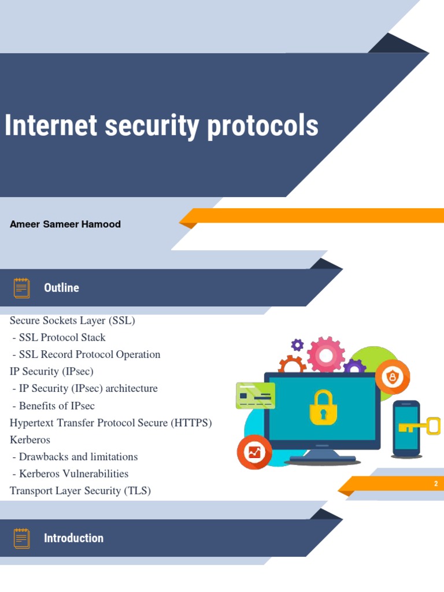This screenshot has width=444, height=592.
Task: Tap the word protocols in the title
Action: pos(262,126)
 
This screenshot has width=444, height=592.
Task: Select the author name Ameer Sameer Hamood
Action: pos(65,224)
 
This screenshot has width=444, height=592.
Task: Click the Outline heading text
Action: pos(61,288)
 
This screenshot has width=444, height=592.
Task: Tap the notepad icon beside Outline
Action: pos(22,287)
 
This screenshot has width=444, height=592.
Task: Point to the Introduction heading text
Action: pos(73,538)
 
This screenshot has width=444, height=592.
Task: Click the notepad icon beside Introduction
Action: pos(22,538)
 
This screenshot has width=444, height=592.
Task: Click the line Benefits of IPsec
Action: pos(57,406)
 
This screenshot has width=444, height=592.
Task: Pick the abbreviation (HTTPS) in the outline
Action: pos(191,423)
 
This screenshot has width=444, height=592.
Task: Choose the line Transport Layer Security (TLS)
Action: pos(80,491)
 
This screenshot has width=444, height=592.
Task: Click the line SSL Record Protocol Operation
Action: pos(90,354)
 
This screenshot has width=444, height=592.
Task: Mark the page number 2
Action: pos(436,484)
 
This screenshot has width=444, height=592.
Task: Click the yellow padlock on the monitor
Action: pos(323,406)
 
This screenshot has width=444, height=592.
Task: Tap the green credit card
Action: pos(256,395)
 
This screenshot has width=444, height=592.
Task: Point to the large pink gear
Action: pos(326,354)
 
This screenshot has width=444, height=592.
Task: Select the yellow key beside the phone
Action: pos(420,427)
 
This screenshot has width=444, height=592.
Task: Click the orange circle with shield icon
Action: pos(393,377)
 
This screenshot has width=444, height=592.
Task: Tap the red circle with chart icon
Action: pos(254,452)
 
